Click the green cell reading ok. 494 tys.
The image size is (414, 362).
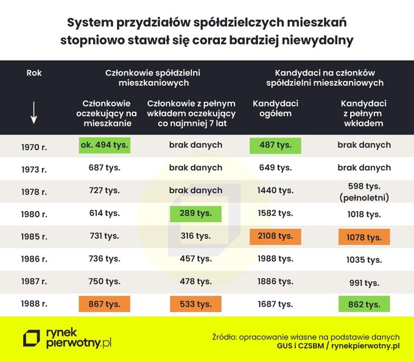(104, 145)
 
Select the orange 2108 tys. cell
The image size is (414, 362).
(275, 236)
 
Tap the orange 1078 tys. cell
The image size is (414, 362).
(364, 237)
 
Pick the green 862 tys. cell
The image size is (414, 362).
(364, 304)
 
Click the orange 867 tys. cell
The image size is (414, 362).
(104, 304)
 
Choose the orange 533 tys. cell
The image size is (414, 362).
(195, 304)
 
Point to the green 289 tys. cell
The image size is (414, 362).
(195, 214)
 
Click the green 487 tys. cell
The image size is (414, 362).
(275, 145)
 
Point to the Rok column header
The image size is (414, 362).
(34, 73)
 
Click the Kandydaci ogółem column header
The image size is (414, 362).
(275, 108)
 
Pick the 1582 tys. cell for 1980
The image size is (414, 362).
(275, 214)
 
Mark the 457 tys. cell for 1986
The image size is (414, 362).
(195, 259)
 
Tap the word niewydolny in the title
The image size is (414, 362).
(319, 40)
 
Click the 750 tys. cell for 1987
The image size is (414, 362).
(104, 281)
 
